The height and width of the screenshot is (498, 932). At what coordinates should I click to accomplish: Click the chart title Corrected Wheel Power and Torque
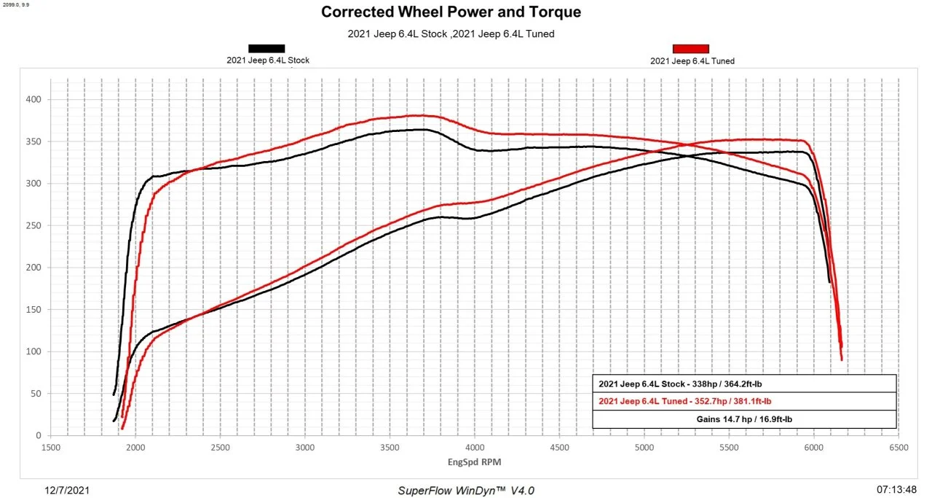coord(451,12)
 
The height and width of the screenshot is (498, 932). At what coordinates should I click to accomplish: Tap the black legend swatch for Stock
coord(266,49)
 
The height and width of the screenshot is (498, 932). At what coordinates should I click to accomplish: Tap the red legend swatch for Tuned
coord(690,49)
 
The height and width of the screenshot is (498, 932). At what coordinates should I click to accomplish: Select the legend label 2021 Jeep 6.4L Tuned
coord(692,61)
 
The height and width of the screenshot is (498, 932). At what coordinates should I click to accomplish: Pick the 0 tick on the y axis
coord(36,435)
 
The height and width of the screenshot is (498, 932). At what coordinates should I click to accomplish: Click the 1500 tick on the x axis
coord(50,448)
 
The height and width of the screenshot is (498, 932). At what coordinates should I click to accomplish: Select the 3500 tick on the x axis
coord(390,448)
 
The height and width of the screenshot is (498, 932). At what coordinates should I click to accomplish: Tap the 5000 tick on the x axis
coord(644,448)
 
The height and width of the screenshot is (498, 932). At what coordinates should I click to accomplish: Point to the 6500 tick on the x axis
coord(898,448)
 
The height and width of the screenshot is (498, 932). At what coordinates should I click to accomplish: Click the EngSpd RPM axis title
coord(474,462)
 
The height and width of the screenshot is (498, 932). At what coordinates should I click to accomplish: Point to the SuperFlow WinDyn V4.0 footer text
coord(466,491)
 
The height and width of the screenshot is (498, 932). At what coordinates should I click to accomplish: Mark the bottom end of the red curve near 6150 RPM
coord(842,359)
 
